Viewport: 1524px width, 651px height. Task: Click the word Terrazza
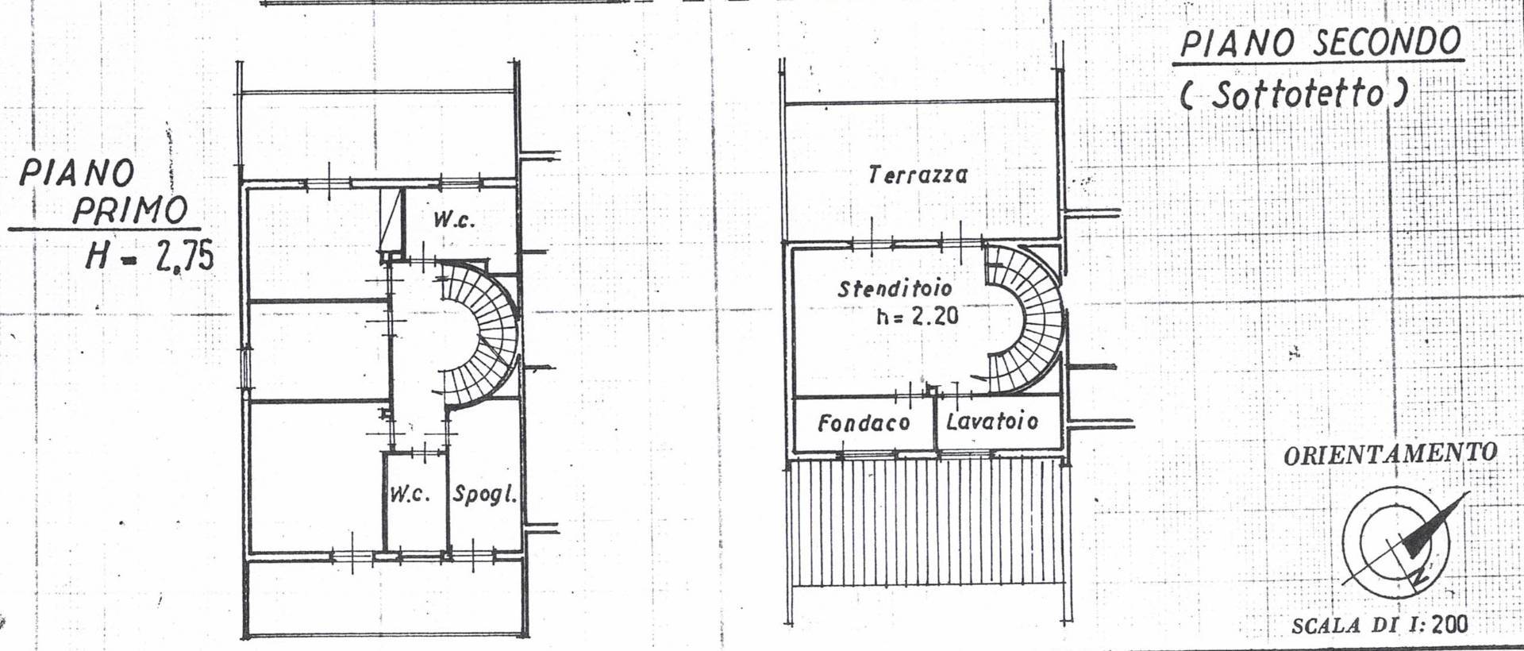pyautogui.click(x=918, y=174)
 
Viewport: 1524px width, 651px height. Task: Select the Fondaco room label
pyautogui.click(x=864, y=423)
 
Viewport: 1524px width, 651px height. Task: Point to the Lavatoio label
pyautogui.click(x=991, y=421)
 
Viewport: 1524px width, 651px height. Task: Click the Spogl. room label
pyautogui.click(x=484, y=495)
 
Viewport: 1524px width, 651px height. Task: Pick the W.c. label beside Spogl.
pyautogui.click(x=410, y=495)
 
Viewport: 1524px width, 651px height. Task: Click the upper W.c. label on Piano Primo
pyautogui.click(x=454, y=219)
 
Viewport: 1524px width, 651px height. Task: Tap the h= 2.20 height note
pyautogui.click(x=917, y=316)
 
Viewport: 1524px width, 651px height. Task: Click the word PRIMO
pyautogui.click(x=130, y=210)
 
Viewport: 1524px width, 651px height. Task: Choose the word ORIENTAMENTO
pyautogui.click(x=1390, y=454)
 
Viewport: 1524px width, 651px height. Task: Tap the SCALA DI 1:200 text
pyautogui.click(x=1380, y=624)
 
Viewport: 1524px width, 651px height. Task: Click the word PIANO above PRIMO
pyautogui.click(x=77, y=172)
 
